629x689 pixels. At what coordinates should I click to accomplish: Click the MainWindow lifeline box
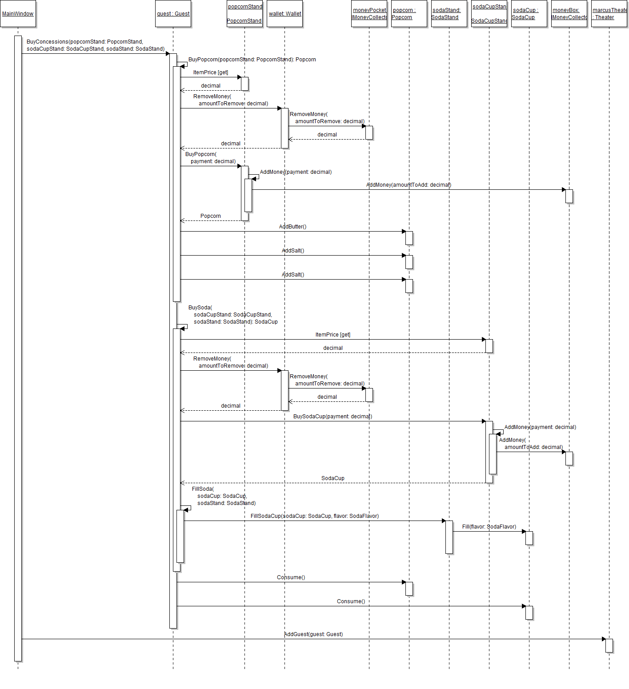coord(18,14)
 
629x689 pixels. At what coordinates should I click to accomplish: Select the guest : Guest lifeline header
coord(173,14)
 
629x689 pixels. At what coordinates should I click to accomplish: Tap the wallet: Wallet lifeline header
coord(284,14)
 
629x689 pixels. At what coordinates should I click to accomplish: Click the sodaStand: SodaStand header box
coord(449,14)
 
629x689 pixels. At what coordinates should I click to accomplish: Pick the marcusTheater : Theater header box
coord(609,14)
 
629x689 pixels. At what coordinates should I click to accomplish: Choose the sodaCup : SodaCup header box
coord(529,14)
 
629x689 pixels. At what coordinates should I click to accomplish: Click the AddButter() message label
coord(292,227)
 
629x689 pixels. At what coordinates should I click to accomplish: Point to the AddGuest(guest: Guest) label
coord(313,634)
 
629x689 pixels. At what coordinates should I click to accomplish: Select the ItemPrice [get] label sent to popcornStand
coord(211,72)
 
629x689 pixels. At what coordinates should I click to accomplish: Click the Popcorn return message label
coord(210,216)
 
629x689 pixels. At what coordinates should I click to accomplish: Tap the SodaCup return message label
coord(333,478)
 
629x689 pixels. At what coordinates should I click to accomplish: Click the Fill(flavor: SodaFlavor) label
coord(489,527)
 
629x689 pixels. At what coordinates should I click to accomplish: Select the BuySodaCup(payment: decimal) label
coord(333,417)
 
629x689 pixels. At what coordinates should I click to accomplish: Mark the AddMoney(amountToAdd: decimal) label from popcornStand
coord(409,185)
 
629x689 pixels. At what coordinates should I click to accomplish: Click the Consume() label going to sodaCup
coord(351,601)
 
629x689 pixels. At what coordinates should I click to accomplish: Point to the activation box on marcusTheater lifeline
coord(609,645)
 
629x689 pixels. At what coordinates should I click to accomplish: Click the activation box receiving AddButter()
coord(409,238)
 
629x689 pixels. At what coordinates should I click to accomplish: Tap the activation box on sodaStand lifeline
coord(449,537)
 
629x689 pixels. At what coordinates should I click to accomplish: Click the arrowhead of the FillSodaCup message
coord(444,521)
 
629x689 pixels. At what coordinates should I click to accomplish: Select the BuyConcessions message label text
coord(96,45)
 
